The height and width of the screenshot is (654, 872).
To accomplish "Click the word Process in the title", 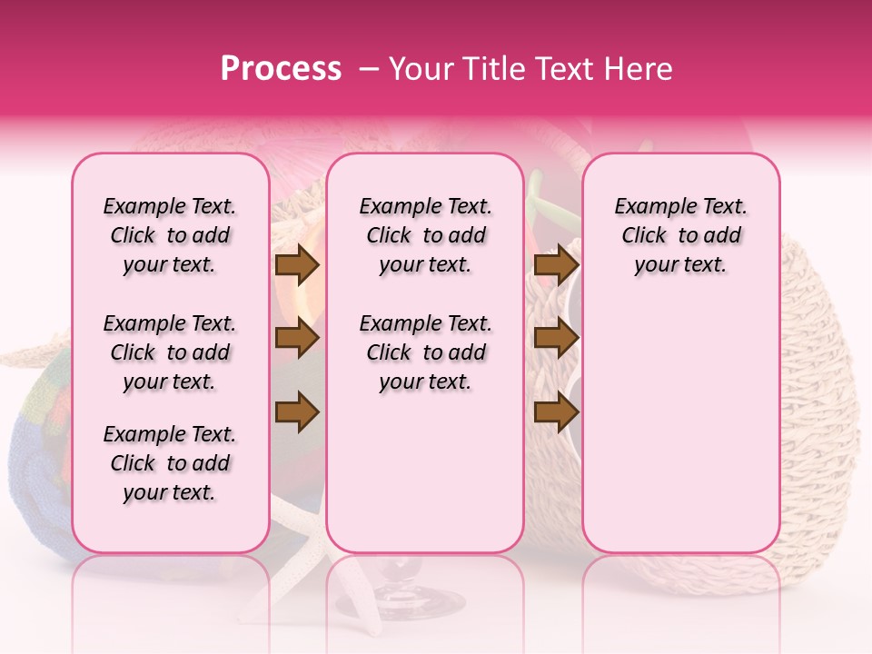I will click(x=281, y=69).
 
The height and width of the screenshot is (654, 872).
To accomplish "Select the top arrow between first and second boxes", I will click(x=297, y=264).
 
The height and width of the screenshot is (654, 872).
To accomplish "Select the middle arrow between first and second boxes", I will click(x=297, y=338).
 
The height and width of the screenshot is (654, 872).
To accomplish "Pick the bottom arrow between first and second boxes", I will click(x=297, y=412).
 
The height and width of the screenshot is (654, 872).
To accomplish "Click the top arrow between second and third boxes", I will click(x=556, y=264).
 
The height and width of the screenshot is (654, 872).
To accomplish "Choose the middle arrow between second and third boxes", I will click(x=556, y=338).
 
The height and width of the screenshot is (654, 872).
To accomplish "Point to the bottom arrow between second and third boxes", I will click(x=556, y=412).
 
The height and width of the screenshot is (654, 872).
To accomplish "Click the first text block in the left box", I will click(x=170, y=235).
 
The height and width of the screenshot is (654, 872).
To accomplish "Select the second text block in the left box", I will click(x=170, y=352).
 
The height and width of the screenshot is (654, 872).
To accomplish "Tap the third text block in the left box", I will click(x=170, y=463).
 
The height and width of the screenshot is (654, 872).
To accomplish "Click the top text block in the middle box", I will click(x=425, y=235).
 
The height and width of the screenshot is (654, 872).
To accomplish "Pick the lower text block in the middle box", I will click(x=425, y=352).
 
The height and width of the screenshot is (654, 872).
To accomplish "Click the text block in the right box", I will click(x=680, y=235).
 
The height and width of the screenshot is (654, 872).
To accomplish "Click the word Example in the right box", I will click(x=649, y=207).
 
